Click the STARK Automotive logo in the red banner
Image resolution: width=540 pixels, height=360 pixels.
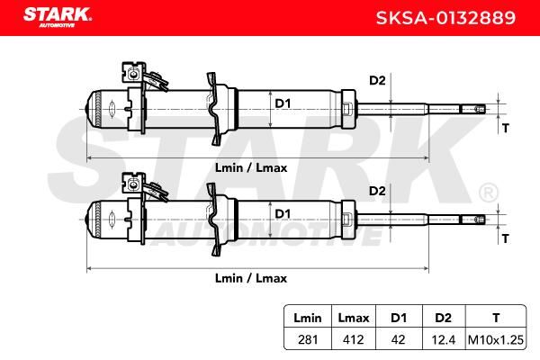point(58,17)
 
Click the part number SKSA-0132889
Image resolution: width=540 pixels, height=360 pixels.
point(445,18)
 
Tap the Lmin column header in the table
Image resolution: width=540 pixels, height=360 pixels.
point(308,318)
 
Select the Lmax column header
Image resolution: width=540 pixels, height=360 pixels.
point(354,318)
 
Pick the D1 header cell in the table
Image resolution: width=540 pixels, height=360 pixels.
point(399,318)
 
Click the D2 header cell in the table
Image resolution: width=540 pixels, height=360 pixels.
point(443,318)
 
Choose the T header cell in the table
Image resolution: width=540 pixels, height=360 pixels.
point(496,318)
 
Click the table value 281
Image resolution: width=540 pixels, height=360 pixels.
point(308,339)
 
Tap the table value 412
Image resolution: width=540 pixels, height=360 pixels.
point(354,339)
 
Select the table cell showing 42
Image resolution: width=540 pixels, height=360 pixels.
point(399,339)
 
